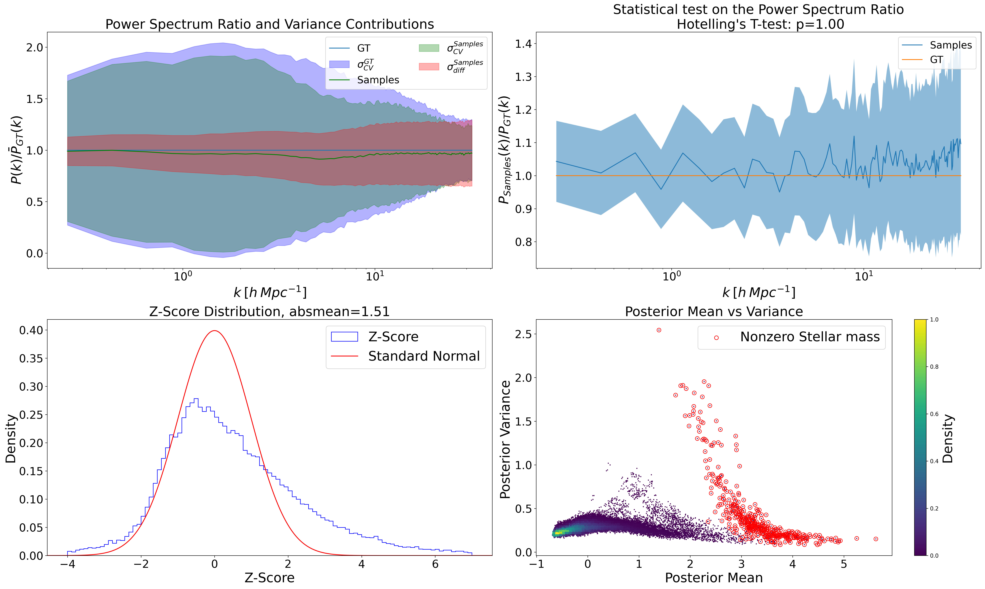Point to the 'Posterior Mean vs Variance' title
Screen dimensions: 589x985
(x=714, y=312)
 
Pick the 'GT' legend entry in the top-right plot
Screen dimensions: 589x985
(x=936, y=60)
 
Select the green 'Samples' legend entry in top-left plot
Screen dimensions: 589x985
(x=378, y=80)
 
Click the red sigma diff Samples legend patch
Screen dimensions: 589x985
(x=429, y=67)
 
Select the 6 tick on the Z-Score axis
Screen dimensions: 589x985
(x=435, y=564)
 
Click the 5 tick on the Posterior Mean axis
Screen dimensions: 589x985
(x=844, y=564)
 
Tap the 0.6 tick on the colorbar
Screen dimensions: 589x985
(x=934, y=414)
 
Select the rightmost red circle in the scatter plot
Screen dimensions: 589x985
(x=876, y=539)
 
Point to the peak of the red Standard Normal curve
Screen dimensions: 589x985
(x=215, y=331)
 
